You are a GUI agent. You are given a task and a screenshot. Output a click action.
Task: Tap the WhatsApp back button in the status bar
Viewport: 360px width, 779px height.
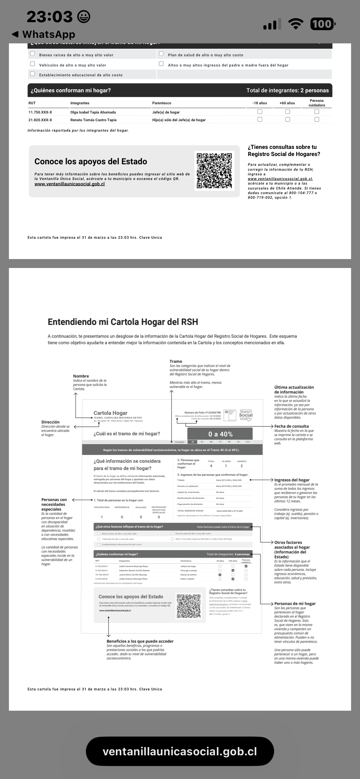tap(43, 34)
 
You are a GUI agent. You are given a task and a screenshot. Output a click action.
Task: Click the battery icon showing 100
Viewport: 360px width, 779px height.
tap(322, 24)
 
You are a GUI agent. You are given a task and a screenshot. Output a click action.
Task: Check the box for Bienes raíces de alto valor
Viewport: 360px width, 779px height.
tap(32, 54)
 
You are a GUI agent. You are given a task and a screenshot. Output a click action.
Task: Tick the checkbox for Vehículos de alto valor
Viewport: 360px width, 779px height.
tap(32, 64)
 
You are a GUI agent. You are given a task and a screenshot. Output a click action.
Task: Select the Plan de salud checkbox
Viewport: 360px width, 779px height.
tap(161, 54)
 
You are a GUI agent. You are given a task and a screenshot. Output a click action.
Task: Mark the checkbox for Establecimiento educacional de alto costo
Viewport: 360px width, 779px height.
tap(32, 74)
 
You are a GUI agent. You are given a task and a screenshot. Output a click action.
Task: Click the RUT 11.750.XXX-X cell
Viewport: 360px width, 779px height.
tap(40, 112)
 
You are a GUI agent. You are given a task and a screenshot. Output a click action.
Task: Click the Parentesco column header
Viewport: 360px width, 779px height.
tap(162, 103)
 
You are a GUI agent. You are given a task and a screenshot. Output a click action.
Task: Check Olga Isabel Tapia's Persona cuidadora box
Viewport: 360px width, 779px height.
tap(317, 112)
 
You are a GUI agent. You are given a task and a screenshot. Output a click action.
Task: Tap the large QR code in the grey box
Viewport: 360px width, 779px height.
tap(214, 170)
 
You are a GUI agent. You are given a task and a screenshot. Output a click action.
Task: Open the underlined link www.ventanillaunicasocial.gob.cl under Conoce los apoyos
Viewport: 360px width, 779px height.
tap(70, 184)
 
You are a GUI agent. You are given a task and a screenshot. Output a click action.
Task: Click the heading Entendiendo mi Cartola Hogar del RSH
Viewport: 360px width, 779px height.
tap(123, 322)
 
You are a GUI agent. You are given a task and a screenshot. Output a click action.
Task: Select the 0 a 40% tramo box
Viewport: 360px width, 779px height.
tap(220, 434)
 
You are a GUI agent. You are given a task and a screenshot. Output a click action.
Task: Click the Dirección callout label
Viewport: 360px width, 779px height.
tap(50, 422)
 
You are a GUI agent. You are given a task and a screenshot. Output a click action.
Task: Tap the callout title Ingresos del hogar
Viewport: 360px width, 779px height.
tap(292, 480)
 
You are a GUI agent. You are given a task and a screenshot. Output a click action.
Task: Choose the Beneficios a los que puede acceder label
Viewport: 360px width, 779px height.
tap(140, 641)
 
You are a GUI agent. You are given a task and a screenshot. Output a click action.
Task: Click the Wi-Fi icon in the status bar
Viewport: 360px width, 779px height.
tap(295, 24)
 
